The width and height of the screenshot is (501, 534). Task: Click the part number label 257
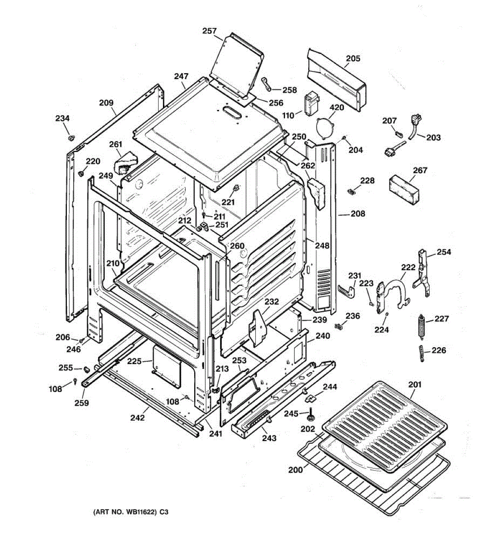click(x=209, y=31)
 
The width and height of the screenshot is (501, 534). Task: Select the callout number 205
click(x=353, y=58)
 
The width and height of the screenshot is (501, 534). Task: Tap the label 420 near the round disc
click(x=337, y=108)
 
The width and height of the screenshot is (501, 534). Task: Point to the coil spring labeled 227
click(x=420, y=328)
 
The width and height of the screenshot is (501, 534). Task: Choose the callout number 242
click(x=138, y=418)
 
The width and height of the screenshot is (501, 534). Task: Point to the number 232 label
click(x=272, y=302)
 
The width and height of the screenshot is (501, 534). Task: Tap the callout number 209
click(x=106, y=103)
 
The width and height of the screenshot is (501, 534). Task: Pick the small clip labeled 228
click(x=350, y=191)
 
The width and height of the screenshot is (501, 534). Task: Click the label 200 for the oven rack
click(x=295, y=470)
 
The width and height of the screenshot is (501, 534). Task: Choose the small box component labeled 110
click(x=310, y=103)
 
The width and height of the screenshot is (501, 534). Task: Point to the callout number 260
click(x=237, y=246)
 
